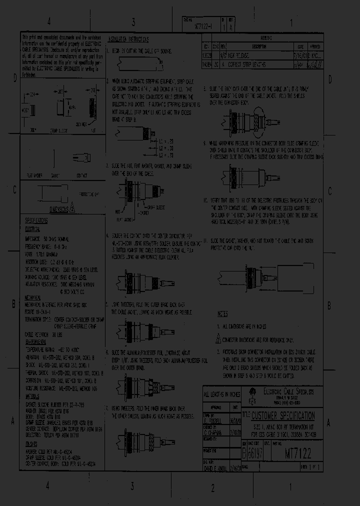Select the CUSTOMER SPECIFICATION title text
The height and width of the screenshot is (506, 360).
tap(283, 416)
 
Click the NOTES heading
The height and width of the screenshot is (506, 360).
tap(222, 314)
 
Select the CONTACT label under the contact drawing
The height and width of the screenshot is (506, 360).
tap(82, 175)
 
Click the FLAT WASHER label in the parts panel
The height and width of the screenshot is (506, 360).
tap(34, 175)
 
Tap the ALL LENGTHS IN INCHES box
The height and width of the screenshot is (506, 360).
tap(222, 395)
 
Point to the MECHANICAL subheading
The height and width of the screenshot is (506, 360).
tap(33, 296)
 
